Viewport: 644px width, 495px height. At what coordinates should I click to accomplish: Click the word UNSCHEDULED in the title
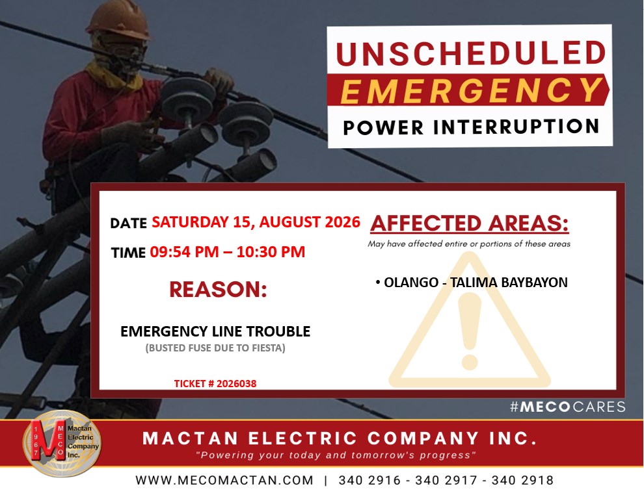471,53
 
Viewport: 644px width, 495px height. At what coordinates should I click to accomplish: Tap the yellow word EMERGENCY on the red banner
472,90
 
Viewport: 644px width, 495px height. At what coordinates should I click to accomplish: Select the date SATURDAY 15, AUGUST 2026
256,222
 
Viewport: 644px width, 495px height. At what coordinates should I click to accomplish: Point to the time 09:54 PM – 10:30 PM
228,252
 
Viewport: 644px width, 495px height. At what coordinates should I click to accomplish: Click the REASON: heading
218,289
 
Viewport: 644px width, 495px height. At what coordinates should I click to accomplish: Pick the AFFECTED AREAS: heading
470,223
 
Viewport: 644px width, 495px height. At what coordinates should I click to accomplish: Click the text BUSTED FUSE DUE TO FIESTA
215,348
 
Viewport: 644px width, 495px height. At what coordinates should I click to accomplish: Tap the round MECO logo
62,444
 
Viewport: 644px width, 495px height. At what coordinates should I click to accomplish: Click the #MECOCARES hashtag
568,407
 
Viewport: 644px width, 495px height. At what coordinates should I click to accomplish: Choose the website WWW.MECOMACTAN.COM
224,480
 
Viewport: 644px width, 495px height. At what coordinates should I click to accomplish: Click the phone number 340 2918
522,480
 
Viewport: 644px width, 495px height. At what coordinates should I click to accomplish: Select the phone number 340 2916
369,480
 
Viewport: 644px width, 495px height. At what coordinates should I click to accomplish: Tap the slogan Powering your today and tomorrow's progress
336,455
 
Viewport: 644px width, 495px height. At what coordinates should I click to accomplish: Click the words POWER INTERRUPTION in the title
471,127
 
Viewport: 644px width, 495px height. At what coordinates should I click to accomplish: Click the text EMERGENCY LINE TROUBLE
215,331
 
